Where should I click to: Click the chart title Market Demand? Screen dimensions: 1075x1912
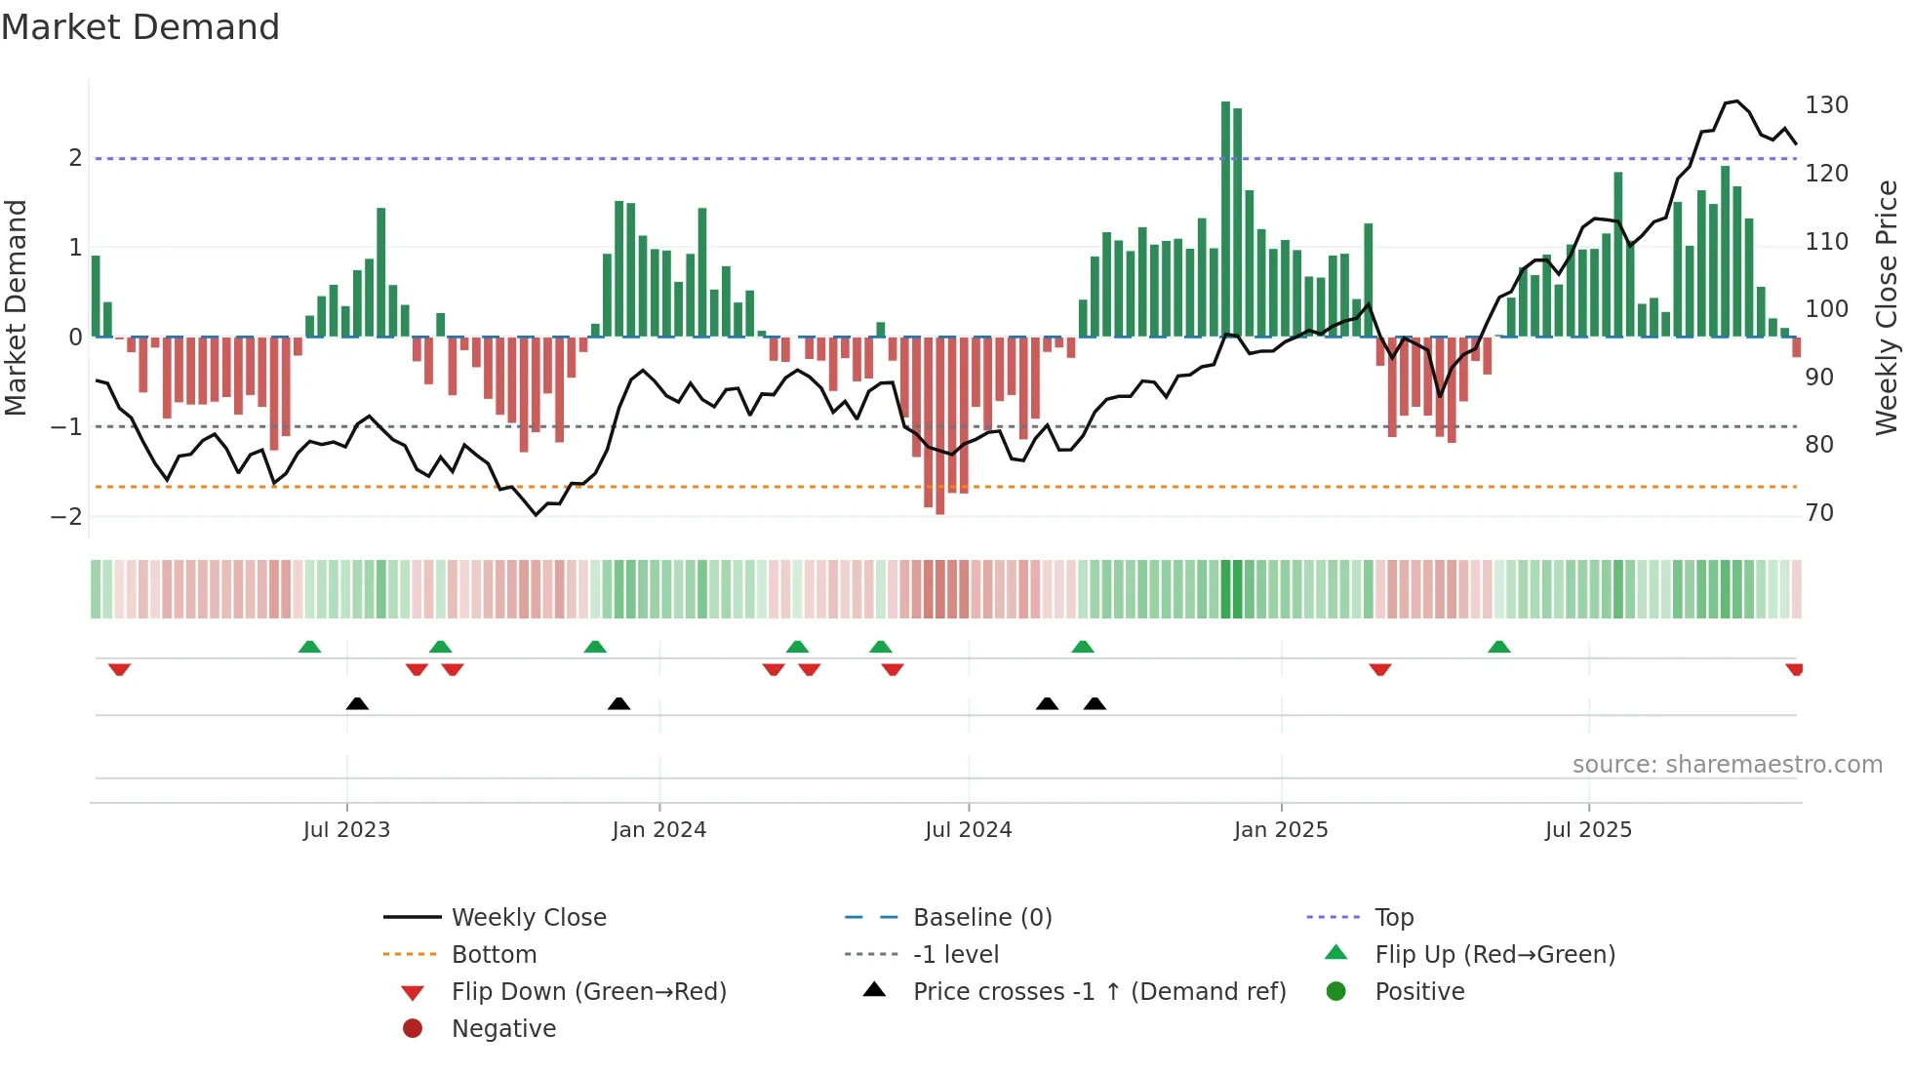pyautogui.click(x=140, y=27)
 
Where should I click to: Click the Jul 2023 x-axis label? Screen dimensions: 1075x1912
pyautogui.click(x=346, y=830)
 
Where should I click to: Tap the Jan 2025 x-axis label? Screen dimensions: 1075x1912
pyautogui.click(x=1280, y=830)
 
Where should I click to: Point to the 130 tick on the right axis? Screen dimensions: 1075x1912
pyautogui.click(x=1826, y=105)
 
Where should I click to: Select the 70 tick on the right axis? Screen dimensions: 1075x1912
pyautogui.click(x=1819, y=513)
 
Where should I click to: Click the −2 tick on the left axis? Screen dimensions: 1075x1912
pyautogui.click(x=66, y=517)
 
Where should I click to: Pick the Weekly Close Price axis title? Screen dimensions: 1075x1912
pyautogui.click(x=1887, y=307)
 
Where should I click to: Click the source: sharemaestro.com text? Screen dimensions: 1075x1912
pyautogui.click(x=1727, y=765)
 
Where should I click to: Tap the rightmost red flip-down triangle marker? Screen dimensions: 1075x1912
pyautogui.click(x=1794, y=669)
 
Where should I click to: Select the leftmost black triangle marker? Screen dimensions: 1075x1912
pyautogui.click(x=357, y=703)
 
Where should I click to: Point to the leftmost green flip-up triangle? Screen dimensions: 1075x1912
pyautogui.click(x=309, y=647)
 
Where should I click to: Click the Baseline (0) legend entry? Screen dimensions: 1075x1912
pyautogui.click(x=981, y=918)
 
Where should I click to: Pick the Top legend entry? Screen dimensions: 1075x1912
pyautogui.click(x=1393, y=918)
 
